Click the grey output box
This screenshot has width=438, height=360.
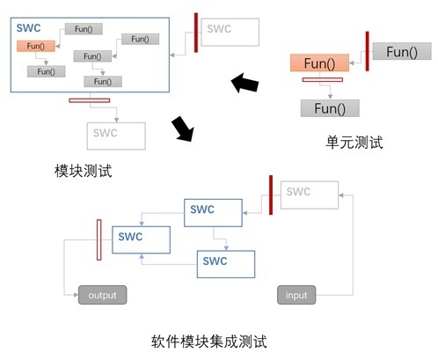pyautogui.click(x=102, y=295)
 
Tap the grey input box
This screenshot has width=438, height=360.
pyautogui.click(x=296, y=295)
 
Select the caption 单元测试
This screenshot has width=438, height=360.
pyautogui.click(x=354, y=143)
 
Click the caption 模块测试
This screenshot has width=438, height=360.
pyautogui.click(x=84, y=171)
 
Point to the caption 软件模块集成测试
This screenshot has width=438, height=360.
pyautogui.click(x=209, y=342)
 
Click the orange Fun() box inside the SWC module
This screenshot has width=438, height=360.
pyautogui.click(x=36, y=46)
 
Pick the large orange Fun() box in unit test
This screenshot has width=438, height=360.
pyautogui.click(x=319, y=62)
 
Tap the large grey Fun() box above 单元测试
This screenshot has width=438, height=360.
pyautogui.click(x=330, y=108)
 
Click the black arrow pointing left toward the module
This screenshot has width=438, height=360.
pyautogui.click(x=245, y=83)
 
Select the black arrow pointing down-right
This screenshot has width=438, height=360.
pyautogui.click(x=183, y=129)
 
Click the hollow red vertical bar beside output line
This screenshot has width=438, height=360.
pyautogui.click(x=99, y=239)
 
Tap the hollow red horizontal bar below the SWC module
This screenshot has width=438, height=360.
pyautogui.click(x=90, y=100)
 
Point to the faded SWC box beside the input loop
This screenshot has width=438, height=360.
pyautogui.click(x=310, y=195)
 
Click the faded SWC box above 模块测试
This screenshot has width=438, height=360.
pyautogui.click(x=116, y=136)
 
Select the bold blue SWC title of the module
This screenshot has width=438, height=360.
pyautogui.click(x=28, y=28)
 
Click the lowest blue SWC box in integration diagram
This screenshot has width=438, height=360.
pyautogui.click(x=226, y=264)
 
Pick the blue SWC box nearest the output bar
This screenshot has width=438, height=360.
pyautogui.click(x=141, y=239)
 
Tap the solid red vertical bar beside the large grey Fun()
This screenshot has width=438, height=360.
pyautogui.click(x=367, y=51)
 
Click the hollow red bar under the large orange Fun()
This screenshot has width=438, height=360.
pyautogui.click(x=323, y=79)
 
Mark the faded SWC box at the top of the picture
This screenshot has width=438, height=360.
pyautogui.click(x=230, y=32)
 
